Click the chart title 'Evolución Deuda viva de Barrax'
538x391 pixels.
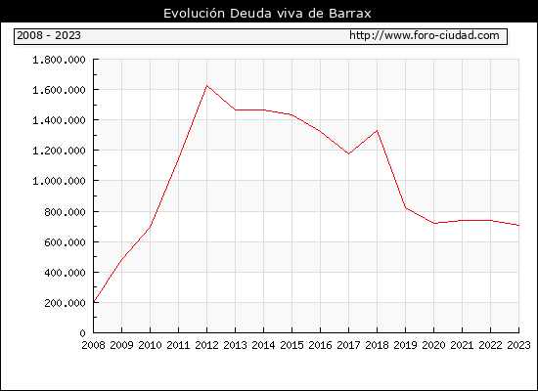point(267,14)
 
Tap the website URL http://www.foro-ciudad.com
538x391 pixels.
point(425,35)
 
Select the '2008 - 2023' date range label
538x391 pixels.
point(49,35)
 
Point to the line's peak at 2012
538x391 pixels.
point(206,85)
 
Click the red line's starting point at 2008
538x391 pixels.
point(94,302)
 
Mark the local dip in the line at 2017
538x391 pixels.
point(348,153)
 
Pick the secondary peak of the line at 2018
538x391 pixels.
point(377,130)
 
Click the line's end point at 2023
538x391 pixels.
point(518,226)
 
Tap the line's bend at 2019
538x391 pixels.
point(405,207)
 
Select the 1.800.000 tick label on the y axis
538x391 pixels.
point(59,60)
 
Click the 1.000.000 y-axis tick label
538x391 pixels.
point(59,181)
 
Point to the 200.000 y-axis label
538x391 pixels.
point(65,303)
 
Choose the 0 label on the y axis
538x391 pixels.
point(82,333)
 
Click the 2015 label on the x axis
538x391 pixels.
point(291,345)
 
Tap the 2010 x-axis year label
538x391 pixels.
point(150,345)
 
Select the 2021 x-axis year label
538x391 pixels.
point(462,345)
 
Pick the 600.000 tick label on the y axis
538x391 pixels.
point(65,242)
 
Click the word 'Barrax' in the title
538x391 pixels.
point(350,14)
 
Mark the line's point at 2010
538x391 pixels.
point(150,227)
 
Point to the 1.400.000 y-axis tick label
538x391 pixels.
point(59,120)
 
